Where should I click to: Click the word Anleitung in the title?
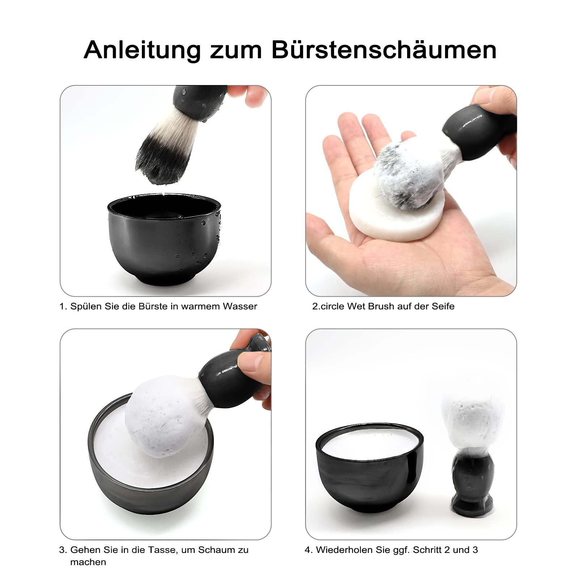coord(142,50)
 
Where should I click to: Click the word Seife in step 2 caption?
coord(442,306)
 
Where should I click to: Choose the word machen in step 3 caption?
coord(88,562)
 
